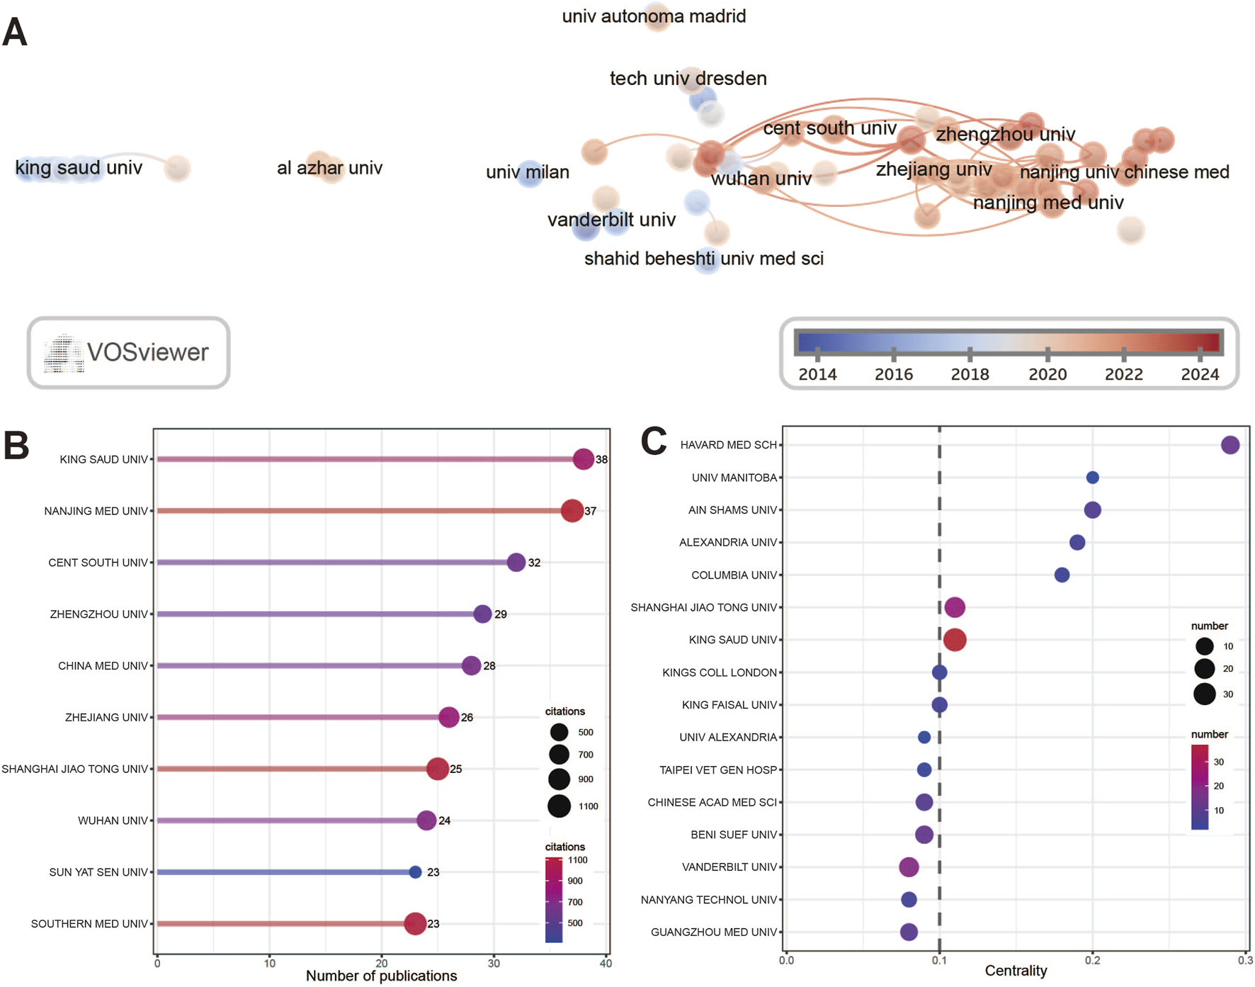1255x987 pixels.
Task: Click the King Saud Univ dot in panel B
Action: pos(583,459)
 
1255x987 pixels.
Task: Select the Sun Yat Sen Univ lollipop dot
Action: pos(415,872)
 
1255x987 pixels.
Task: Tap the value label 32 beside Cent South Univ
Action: pos(534,563)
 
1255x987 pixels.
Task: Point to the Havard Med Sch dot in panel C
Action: pos(1230,445)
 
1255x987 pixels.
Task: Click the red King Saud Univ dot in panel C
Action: pos(955,640)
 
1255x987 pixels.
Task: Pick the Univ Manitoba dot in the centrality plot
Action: pos(1092,478)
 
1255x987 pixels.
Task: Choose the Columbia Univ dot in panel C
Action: pos(1062,575)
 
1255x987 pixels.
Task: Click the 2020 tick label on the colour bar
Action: pos(1047,374)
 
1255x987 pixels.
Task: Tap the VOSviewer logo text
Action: pos(147,352)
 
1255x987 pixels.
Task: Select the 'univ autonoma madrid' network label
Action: pos(653,16)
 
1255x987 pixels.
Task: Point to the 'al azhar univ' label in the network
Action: pos(329,168)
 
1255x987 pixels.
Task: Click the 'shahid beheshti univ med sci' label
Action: pos(703,259)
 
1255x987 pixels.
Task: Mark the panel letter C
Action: pos(653,441)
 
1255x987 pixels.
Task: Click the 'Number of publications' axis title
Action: pos(381,976)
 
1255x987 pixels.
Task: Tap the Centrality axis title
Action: pos(1016,971)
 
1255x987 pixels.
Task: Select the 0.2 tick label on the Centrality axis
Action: pos(1093,960)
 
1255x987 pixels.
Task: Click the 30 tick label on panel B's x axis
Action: pos(494,963)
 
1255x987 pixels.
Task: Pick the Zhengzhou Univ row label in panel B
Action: pos(99,614)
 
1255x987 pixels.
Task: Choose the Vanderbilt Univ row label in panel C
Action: pos(729,867)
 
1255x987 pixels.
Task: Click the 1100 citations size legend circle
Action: pos(559,806)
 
